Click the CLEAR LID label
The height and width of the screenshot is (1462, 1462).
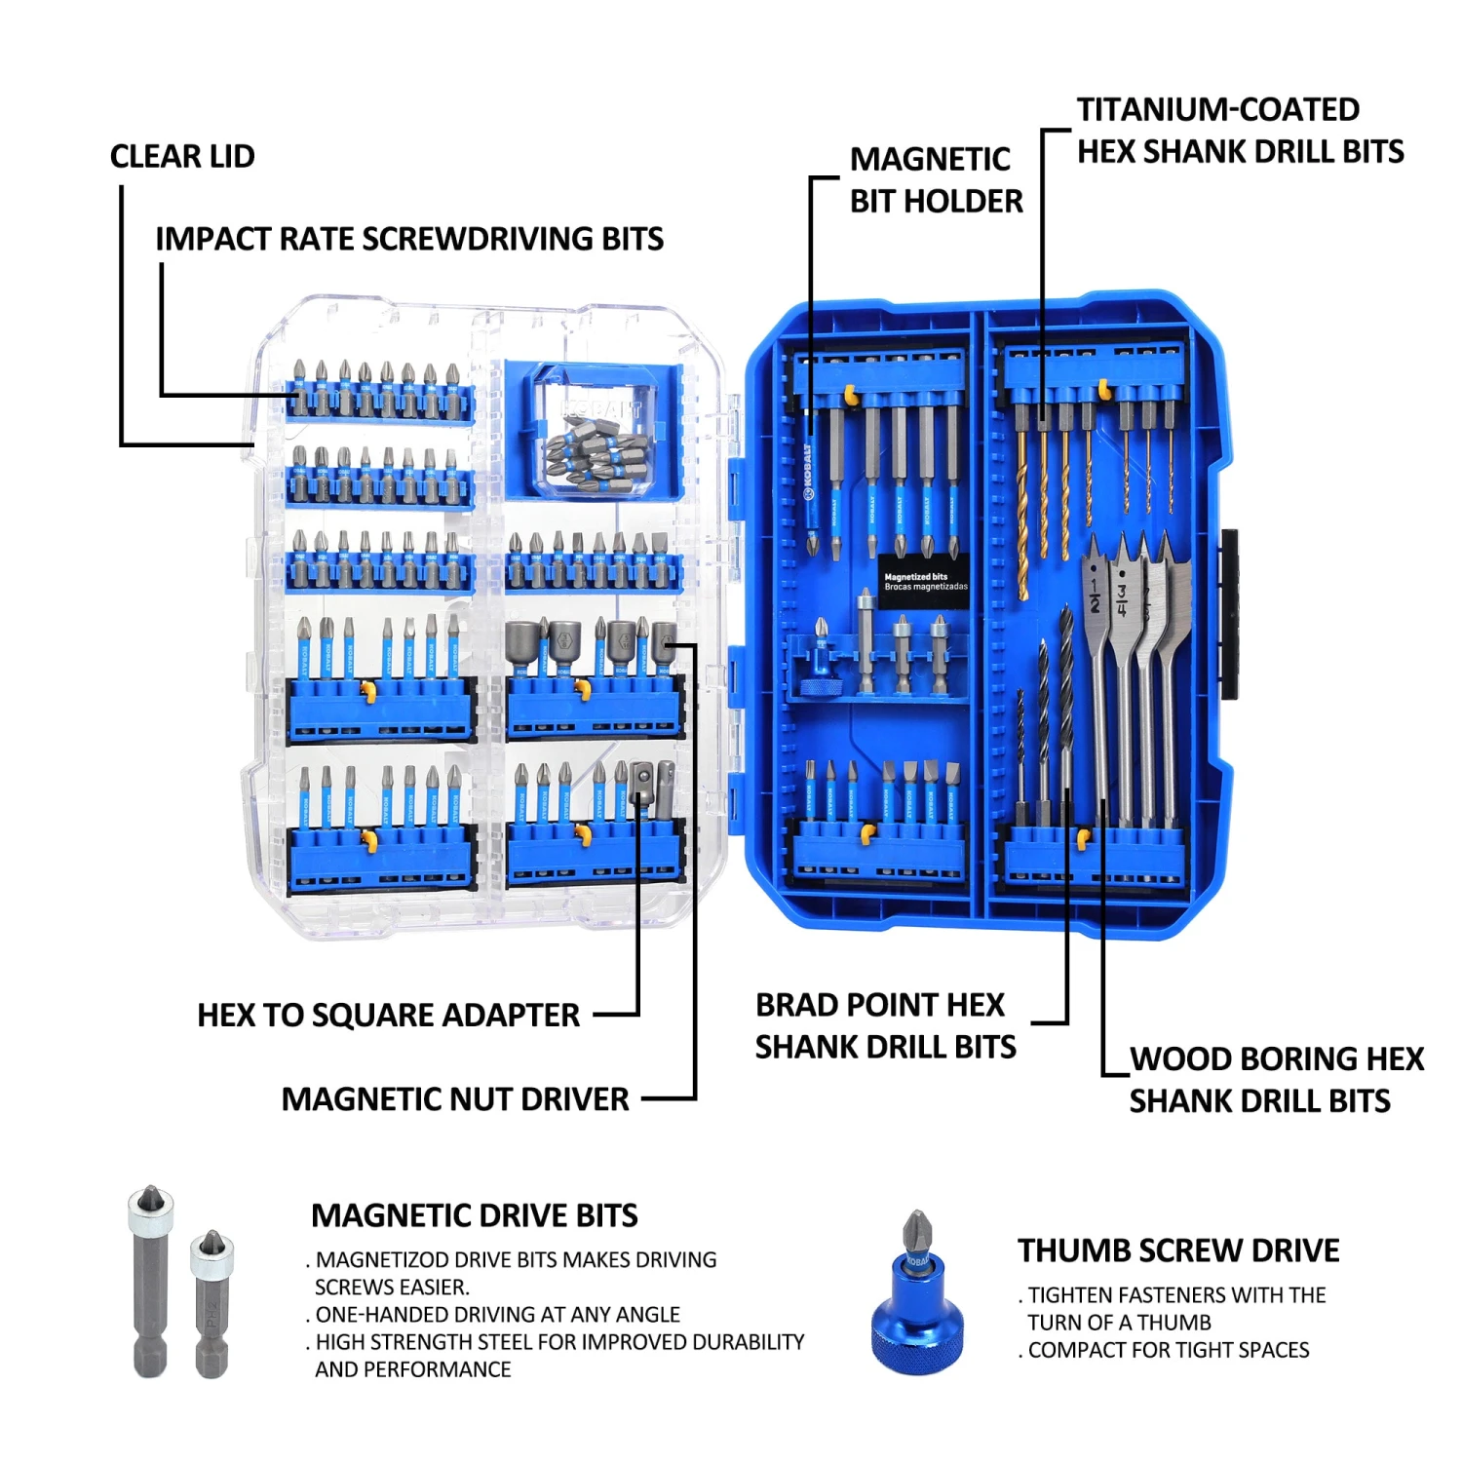coord(182,156)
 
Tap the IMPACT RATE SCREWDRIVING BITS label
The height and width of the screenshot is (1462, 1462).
coord(409,239)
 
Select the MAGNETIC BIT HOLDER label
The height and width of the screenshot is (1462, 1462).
coord(936,180)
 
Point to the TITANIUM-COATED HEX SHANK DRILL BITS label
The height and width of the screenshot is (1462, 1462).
coord(1240,131)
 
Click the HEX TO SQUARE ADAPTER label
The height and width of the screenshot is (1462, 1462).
coord(388,1015)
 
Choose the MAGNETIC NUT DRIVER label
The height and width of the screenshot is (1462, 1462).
coord(455,1099)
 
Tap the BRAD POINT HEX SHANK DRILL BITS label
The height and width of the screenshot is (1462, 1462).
coord(885,1025)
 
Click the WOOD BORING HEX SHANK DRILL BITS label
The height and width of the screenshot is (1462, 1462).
coord(1275,1080)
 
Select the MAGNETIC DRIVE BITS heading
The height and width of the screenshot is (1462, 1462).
coord(475,1215)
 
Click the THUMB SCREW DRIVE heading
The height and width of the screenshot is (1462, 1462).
coord(1178,1250)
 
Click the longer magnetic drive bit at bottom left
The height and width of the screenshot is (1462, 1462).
coord(149,1282)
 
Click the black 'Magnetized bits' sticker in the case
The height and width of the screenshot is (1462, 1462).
coord(924,582)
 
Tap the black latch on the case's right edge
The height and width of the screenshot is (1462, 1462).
coord(1229,614)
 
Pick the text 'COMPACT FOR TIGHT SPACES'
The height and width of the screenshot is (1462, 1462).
coord(1169,1350)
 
